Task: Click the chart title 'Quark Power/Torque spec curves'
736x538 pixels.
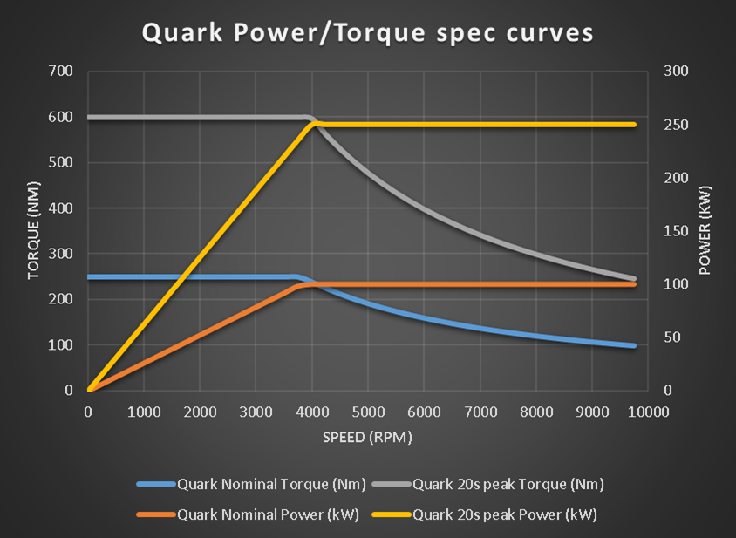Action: tap(367, 33)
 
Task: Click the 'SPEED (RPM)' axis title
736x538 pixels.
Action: tap(367, 436)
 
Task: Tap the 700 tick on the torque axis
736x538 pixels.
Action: tap(62, 72)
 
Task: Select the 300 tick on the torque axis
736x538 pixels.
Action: tap(62, 254)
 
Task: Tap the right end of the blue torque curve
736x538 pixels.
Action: tap(634, 346)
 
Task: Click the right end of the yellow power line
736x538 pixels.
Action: tap(634, 125)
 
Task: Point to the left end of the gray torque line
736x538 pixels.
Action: tap(89, 117)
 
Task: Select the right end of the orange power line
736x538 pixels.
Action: tap(634, 284)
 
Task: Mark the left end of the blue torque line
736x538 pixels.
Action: tap(89, 277)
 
